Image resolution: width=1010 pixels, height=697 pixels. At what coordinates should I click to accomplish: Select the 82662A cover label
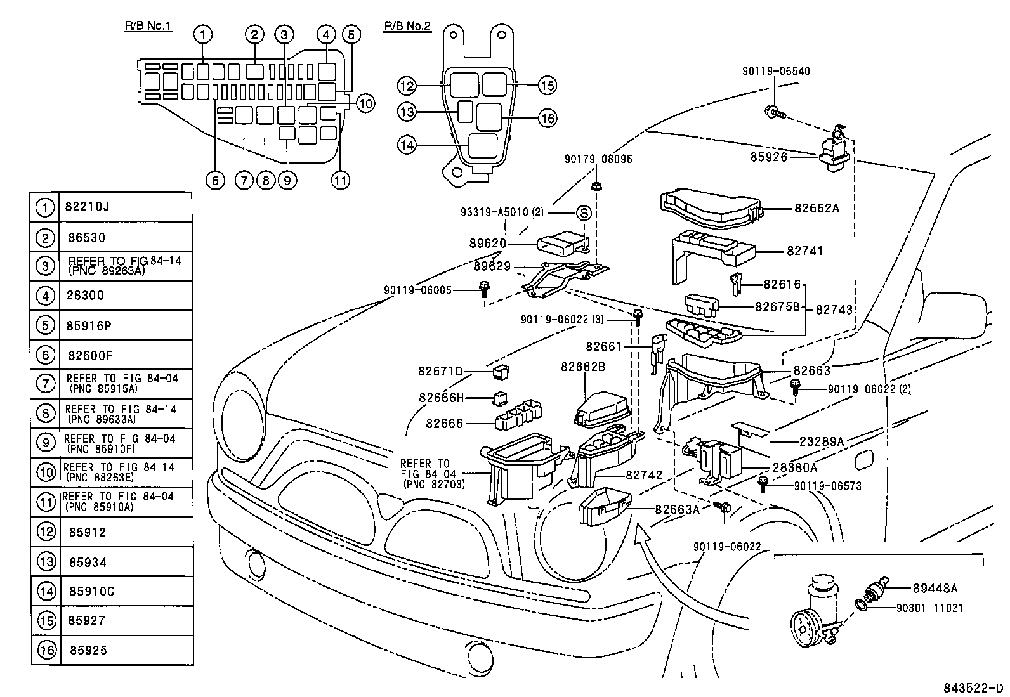[816, 208]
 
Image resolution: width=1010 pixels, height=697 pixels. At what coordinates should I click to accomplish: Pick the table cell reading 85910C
[91, 592]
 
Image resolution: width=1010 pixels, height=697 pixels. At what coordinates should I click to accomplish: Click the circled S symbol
[584, 213]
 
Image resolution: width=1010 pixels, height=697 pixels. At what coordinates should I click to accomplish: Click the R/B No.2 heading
[407, 26]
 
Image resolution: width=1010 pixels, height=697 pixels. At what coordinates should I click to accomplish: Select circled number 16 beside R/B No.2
[548, 118]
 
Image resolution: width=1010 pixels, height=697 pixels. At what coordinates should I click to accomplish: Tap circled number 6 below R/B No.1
[215, 181]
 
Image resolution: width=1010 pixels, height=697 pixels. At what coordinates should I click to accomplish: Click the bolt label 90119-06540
[776, 72]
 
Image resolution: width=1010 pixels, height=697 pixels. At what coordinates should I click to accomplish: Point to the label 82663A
[677, 509]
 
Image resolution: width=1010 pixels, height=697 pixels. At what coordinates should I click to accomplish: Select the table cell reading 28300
[84, 296]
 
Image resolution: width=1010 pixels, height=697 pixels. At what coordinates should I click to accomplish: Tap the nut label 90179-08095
[598, 160]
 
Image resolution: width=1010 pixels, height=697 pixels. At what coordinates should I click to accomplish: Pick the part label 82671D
[441, 371]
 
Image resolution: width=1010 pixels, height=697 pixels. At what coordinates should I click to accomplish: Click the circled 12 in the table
[46, 532]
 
